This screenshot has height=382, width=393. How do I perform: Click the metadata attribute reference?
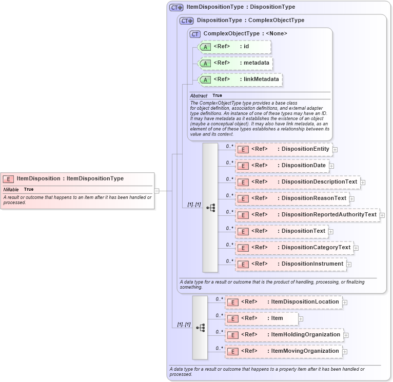pyautogui.click(x=234, y=63)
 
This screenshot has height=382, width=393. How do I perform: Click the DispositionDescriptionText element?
pyautogui.click(x=297, y=182)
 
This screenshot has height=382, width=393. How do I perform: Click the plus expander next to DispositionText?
pyautogui.click(x=331, y=232)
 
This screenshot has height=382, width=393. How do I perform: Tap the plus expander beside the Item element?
pyautogui.click(x=301, y=319)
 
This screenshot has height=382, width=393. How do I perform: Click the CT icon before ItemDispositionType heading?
pyautogui.click(x=176, y=8)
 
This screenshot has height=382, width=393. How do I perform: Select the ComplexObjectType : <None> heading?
pyautogui.click(x=245, y=34)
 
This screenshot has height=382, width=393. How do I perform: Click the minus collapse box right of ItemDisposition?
pyautogui.click(x=156, y=191)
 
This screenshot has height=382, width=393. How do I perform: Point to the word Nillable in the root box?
pyautogui.click(x=11, y=190)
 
